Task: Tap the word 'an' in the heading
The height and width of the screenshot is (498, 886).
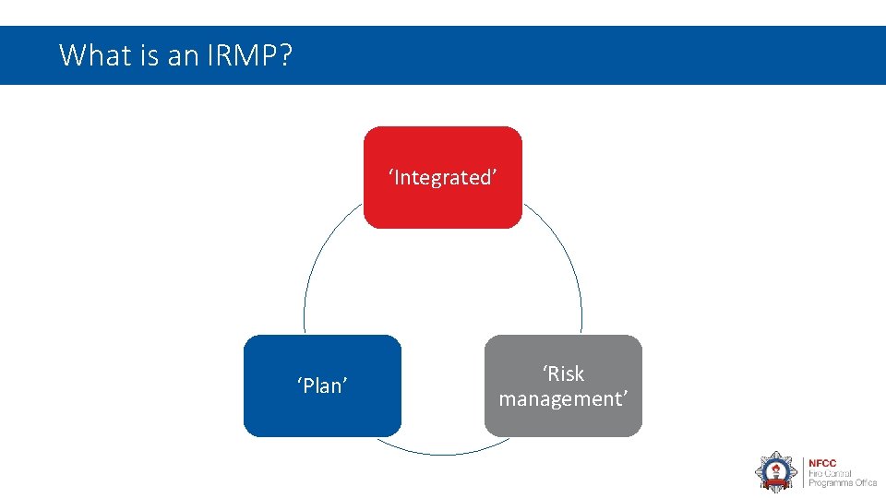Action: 184,55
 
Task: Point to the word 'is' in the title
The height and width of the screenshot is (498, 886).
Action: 150,55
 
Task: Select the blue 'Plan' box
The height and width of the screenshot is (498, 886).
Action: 322,410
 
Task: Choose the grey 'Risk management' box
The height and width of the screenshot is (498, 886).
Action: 563,420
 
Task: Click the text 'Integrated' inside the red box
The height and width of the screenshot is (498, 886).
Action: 443,177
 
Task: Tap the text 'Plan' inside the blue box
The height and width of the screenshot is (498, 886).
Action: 322,385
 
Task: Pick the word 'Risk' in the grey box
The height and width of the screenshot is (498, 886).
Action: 564,373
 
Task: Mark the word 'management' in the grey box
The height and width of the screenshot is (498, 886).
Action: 563,398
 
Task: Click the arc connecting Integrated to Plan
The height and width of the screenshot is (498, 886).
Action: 318,258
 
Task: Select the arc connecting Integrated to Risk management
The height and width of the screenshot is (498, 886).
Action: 568,258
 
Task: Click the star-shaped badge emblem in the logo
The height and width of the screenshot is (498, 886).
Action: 775,471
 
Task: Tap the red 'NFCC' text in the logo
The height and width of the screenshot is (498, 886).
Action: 822,463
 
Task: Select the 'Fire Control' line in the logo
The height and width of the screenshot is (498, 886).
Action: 832,473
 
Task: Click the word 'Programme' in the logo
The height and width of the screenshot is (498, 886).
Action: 829,483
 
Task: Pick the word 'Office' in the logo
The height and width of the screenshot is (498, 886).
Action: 864,483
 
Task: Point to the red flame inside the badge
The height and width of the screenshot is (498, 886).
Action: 775,468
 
